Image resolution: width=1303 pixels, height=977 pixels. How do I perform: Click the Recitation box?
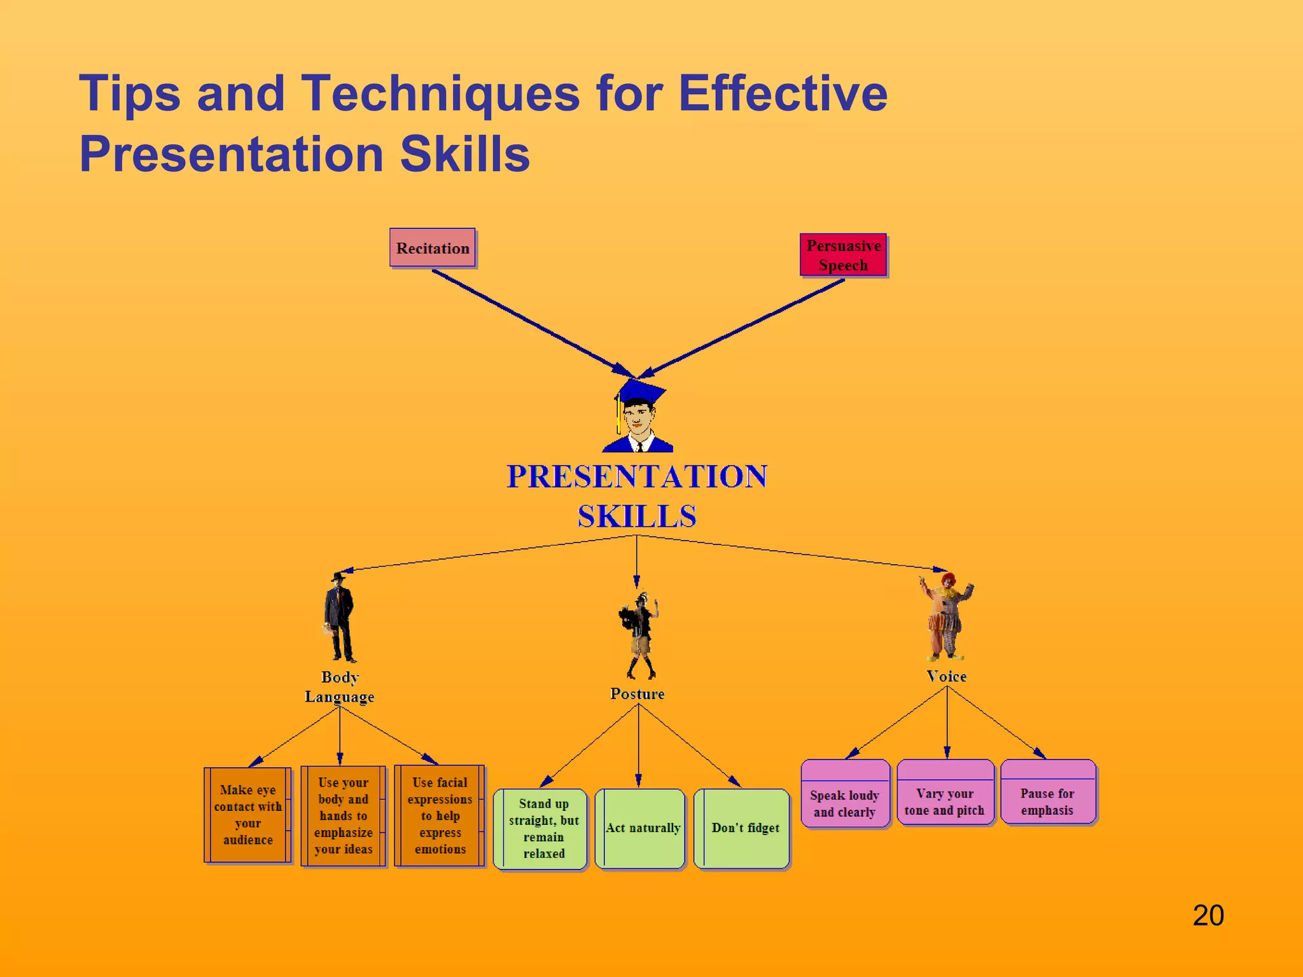[433, 248]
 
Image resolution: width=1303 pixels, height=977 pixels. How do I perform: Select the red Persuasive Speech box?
[843, 255]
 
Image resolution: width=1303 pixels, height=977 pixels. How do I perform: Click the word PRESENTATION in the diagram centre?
[637, 477]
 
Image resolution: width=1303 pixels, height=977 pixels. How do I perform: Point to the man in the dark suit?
[339, 617]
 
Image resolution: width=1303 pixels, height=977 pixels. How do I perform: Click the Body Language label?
[339, 687]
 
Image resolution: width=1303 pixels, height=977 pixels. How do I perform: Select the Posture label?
[637, 694]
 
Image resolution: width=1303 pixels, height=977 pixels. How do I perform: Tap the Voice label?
[946, 677]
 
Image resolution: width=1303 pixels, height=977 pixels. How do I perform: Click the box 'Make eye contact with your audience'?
[247, 815]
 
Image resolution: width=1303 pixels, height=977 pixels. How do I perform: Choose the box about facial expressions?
[440, 815]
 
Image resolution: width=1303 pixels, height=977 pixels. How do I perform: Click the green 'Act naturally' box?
[641, 828]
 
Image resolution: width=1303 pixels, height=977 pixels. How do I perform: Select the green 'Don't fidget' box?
[744, 828]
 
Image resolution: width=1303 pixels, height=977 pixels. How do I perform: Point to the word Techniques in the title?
[440, 94]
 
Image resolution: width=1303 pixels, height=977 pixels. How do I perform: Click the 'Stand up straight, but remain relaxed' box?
[542, 828]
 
